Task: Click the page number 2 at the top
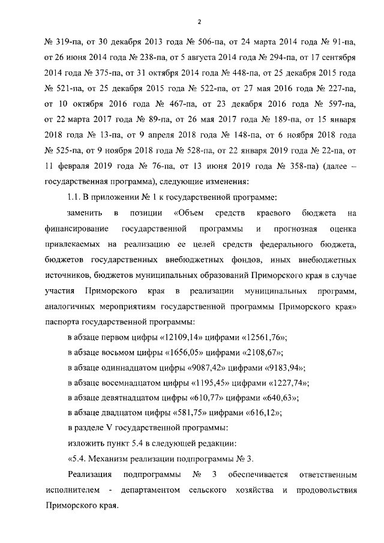(x=198, y=23)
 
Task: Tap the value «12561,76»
(x=263, y=335)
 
